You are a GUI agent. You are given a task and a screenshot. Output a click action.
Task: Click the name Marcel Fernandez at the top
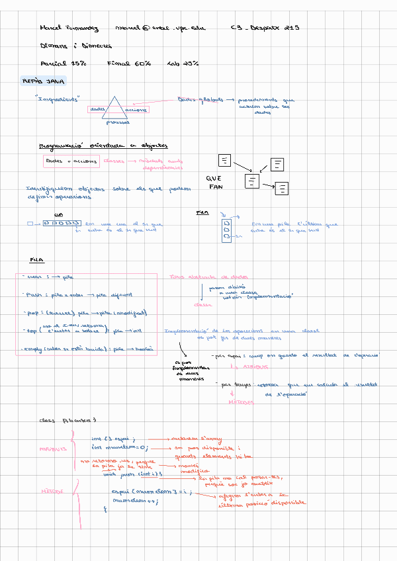pos(69,28)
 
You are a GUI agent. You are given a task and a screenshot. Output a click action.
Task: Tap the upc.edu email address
pos(160,28)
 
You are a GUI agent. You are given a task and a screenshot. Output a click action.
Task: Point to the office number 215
pos(291,28)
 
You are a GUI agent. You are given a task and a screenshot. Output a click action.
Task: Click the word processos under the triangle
pos(117,122)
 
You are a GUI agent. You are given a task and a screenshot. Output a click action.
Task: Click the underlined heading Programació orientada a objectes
pos(103,146)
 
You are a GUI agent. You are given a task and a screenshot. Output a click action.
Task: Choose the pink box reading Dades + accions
pos(71,161)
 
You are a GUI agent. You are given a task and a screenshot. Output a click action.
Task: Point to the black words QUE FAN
pos(214,183)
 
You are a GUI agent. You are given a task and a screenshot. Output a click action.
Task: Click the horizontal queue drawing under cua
pos(62,223)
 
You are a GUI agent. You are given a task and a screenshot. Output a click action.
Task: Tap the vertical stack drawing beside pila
pos(226,230)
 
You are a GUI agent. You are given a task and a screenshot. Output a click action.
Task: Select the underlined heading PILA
pos(37,259)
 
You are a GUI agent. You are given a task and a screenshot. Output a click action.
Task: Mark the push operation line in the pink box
pos(77,295)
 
